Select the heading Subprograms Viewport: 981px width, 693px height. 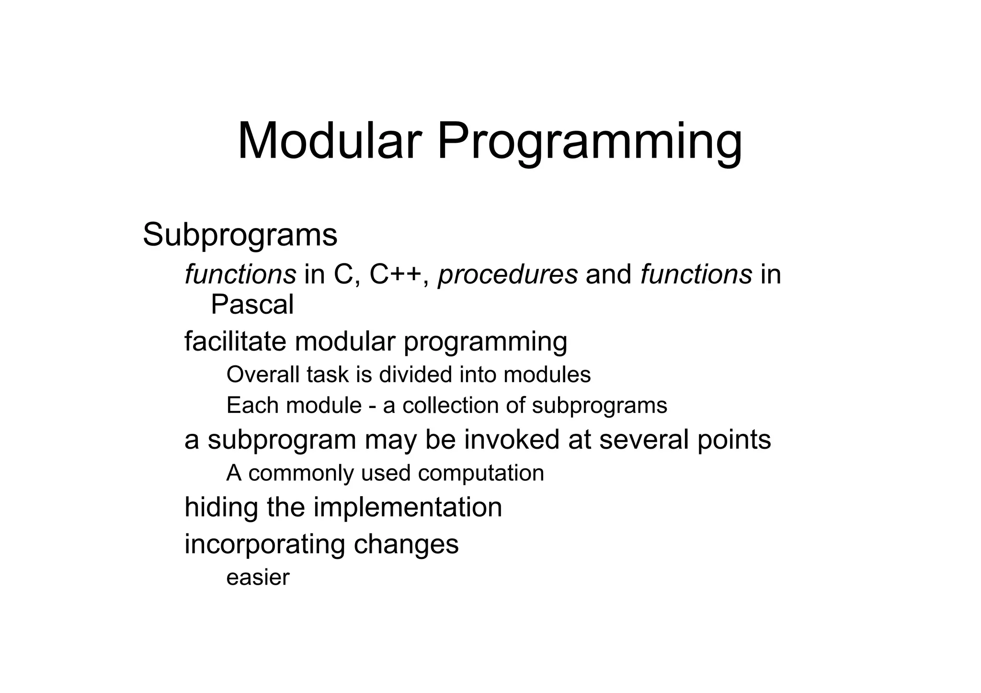point(240,236)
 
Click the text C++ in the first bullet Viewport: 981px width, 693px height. point(396,275)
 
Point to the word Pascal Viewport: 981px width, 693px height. point(252,305)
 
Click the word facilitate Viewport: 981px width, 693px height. point(235,342)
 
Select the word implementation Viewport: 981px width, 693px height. point(408,508)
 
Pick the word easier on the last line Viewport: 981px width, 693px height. point(258,578)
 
